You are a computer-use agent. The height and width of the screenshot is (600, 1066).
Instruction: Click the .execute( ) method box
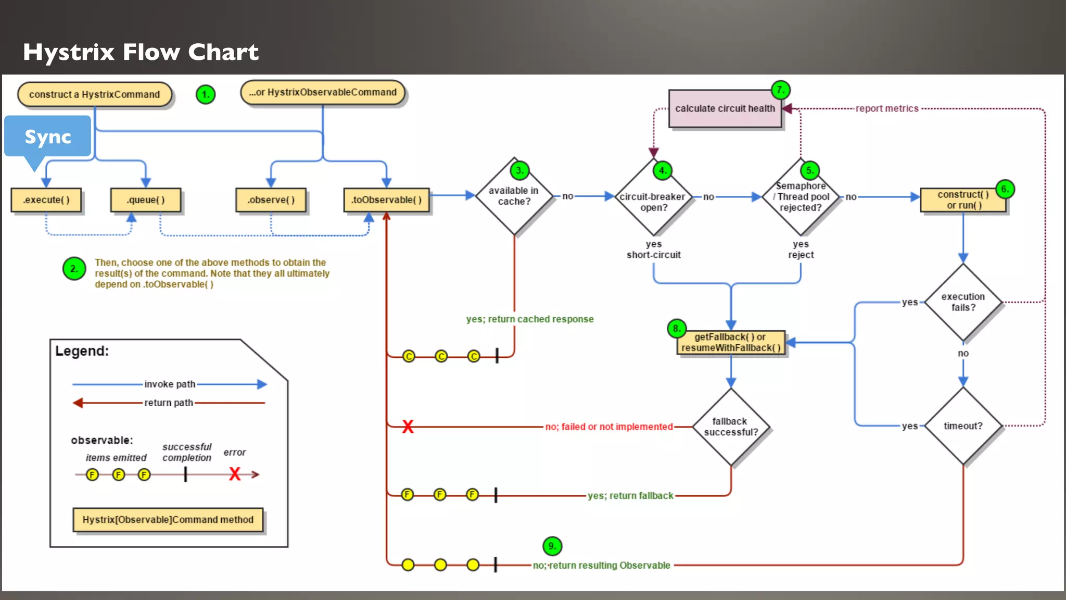click(x=46, y=200)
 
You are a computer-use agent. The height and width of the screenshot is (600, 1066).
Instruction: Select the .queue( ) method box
click(x=146, y=200)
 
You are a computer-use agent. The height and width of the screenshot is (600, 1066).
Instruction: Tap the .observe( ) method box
click(x=271, y=200)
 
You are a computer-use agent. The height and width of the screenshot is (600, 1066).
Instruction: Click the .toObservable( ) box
click(x=386, y=200)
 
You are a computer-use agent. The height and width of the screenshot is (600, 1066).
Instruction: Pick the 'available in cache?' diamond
click(x=514, y=196)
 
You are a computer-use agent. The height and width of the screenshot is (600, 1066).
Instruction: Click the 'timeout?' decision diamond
click(x=963, y=426)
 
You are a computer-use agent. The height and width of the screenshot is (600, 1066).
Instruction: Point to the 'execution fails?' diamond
click(x=963, y=302)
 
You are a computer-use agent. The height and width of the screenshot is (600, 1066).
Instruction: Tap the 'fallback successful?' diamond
click(x=731, y=427)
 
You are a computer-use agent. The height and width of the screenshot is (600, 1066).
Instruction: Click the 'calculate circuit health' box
click(x=725, y=109)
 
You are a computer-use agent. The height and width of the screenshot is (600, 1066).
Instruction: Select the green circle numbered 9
click(x=552, y=546)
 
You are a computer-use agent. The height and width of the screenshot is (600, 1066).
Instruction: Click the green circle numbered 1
click(x=206, y=95)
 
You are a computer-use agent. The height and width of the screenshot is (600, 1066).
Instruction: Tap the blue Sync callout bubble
click(x=48, y=136)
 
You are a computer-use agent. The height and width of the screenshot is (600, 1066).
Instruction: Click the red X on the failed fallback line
click(x=408, y=427)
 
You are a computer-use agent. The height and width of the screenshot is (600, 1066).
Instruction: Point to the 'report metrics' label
click(x=887, y=109)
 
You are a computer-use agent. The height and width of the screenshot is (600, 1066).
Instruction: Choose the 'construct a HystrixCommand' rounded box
click(x=95, y=95)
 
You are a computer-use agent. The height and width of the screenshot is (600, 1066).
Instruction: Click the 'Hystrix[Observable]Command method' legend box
click(x=168, y=520)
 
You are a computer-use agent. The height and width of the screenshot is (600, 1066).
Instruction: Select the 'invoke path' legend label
click(x=170, y=384)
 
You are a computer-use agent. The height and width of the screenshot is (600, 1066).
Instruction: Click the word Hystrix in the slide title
click(x=69, y=52)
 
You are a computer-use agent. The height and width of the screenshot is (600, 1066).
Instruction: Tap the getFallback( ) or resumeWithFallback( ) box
click(x=731, y=343)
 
